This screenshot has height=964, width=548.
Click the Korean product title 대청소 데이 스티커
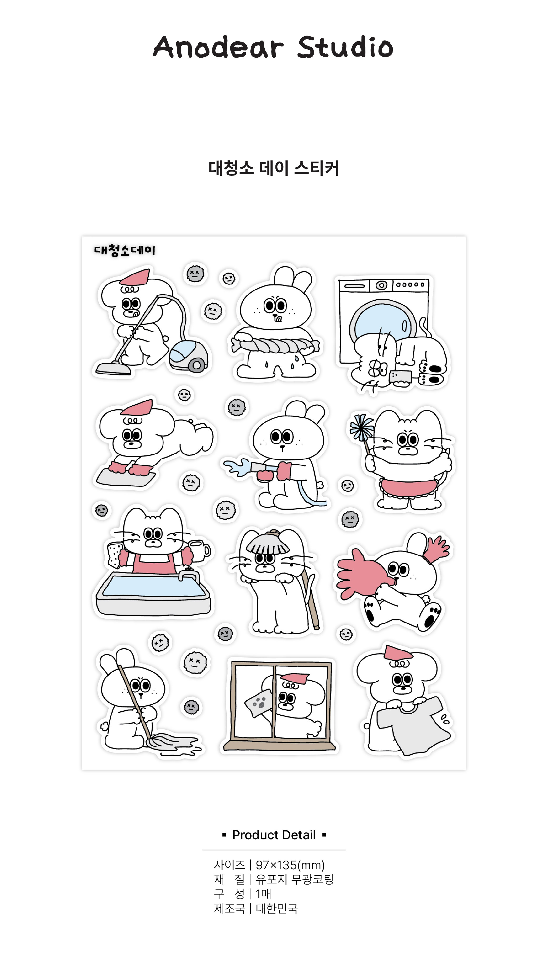point(274,168)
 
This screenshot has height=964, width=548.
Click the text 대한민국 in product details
point(277,909)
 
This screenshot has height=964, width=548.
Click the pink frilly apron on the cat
point(410,488)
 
